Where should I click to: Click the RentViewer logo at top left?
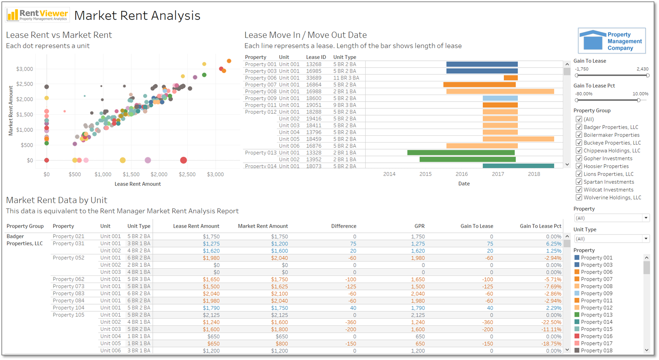[38, 15]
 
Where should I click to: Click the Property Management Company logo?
[611, 41]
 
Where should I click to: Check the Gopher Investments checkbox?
[579, 158]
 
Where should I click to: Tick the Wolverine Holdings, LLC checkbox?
[579, 198]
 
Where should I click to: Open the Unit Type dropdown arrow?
[646, 238]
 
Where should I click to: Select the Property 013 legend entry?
[596, 315]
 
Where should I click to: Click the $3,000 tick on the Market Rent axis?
[25, 69]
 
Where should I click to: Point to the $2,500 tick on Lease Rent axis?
[187, 174]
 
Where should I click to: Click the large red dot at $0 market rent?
[183, 160]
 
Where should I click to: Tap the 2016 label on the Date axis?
[461, 174]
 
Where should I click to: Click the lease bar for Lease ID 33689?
[511, 78]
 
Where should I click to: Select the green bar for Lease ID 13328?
[461, 152]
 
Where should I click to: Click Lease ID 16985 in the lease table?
[314, 71]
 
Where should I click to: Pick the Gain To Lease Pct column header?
[540, 226]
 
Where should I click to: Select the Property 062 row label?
[69, 279]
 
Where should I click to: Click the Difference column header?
[344, 226]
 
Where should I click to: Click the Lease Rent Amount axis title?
[137, 184]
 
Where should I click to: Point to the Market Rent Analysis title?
[137, 16]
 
